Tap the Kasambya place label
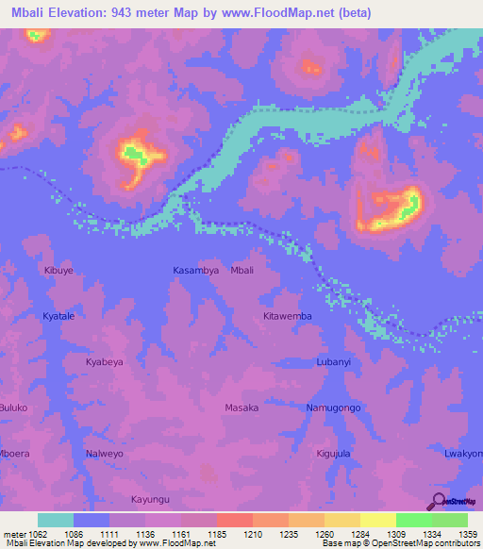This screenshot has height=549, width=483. [196, 270]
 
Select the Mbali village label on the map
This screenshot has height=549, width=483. [242, 270]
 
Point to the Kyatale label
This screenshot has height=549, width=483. [58, 316]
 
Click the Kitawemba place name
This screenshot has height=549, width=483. [288, 316]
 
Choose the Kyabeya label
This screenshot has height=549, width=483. [104, 361]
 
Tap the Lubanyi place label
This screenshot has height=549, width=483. [334, 361]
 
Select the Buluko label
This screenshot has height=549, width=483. [13, 408]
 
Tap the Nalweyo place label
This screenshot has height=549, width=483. [105, 453]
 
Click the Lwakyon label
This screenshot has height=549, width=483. [463, 453]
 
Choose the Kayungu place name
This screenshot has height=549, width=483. [150, 499]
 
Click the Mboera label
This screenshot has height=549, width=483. [12, 453]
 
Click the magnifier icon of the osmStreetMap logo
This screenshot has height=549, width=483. [437, 500]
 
